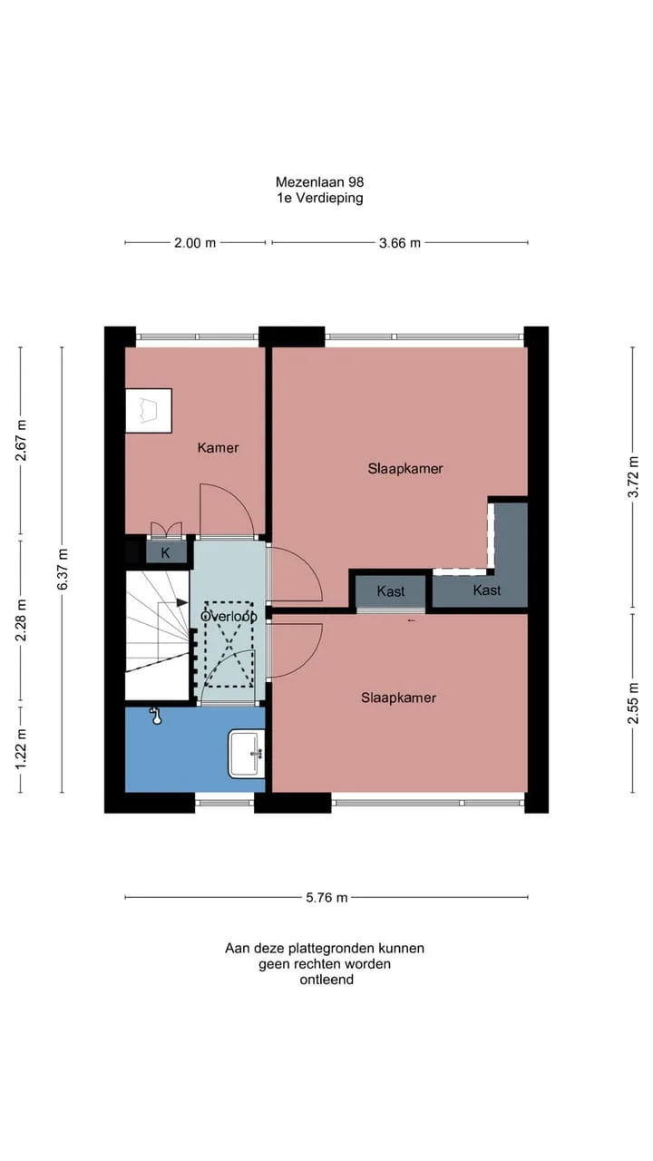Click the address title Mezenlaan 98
click(320, 182)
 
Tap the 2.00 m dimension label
click(195, 242)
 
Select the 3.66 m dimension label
click(400, 242)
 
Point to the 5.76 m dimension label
click(326, 897)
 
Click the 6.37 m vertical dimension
click(63, 569)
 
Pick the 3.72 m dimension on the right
click(633, 477)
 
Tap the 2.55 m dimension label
click(633, 703)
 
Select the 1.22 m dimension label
click(21, 749)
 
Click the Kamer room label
click(219, 447)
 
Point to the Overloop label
click(229, 616)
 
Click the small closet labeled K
click(166, 552)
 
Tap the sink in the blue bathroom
click(247, 754)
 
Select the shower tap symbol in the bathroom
click(155, 716)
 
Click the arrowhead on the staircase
click(182, 602)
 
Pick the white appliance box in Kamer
click(149, 411)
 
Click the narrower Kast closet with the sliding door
click(391, 590)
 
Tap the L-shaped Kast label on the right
click(487, 590)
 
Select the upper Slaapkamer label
click(405, 469)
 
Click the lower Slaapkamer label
click(398, 698)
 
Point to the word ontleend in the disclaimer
click(326, 980)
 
